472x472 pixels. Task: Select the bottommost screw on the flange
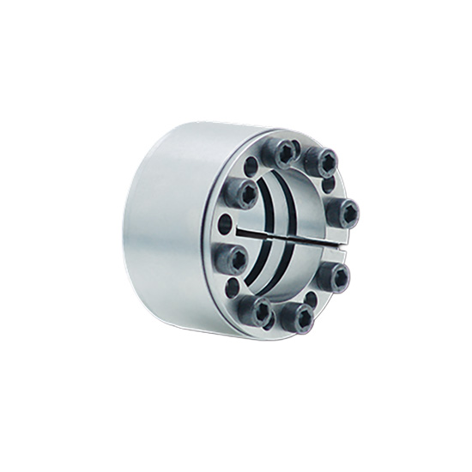298,318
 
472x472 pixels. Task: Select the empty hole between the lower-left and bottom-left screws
233,286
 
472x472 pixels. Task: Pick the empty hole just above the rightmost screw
330,184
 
